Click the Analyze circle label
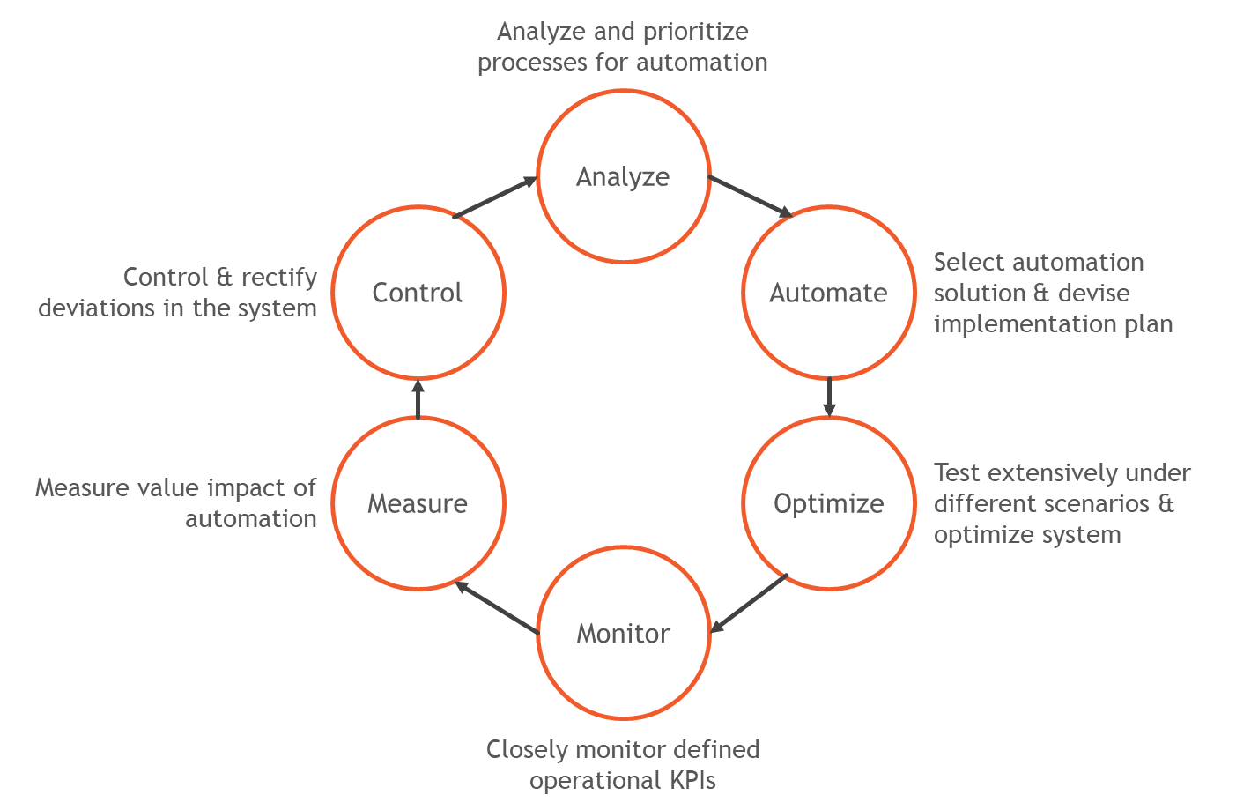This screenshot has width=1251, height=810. pos(623,177)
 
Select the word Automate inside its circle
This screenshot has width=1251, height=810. pos(828,293)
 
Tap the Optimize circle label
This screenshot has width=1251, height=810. pos(828,503)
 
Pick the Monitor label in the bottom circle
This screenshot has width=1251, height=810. pos(623,634)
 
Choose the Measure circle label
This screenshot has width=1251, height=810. pos(417,503)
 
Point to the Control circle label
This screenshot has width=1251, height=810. pos(417,293)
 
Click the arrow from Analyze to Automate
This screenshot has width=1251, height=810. pos(751,196)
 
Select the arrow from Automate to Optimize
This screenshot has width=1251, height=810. pos(829,397)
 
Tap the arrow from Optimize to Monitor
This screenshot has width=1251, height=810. pos(749,604)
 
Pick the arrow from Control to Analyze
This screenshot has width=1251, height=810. pos(495,197)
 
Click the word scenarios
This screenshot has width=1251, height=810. pos(1095,504)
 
